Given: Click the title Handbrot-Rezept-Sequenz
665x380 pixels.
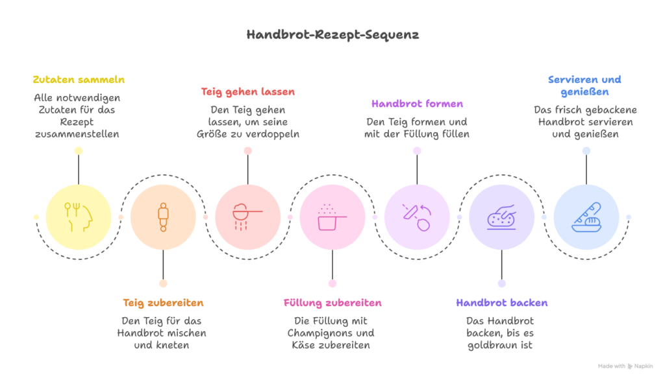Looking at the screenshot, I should [x=332, y=35].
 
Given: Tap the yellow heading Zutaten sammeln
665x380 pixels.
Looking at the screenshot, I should [x=79, y=80].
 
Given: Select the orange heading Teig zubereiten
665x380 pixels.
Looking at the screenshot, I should [x=163, y=303].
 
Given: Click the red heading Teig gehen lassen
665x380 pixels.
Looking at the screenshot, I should [x=247, y=92].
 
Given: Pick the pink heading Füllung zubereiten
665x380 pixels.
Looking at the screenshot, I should [x=332, y=303].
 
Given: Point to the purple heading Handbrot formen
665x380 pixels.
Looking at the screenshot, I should [x=417, y=104].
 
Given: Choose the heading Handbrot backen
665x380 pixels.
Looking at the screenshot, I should [x=501, y=303].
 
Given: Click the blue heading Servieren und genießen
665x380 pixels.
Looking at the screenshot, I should [x=585, y=86].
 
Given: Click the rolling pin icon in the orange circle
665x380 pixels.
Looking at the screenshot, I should [x=163, y=217].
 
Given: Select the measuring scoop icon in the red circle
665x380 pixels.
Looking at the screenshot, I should [x=247, y=215].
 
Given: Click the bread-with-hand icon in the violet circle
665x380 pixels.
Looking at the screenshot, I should [x=501, y=217].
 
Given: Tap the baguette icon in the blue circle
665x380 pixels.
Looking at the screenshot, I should [x=586, y=217].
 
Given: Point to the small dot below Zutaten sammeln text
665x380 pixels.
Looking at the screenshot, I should [x=79, y=150].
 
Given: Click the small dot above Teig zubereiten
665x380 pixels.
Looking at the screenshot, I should [x=163, y=283].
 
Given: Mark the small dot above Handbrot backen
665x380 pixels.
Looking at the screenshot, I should [x=501, y=283].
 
